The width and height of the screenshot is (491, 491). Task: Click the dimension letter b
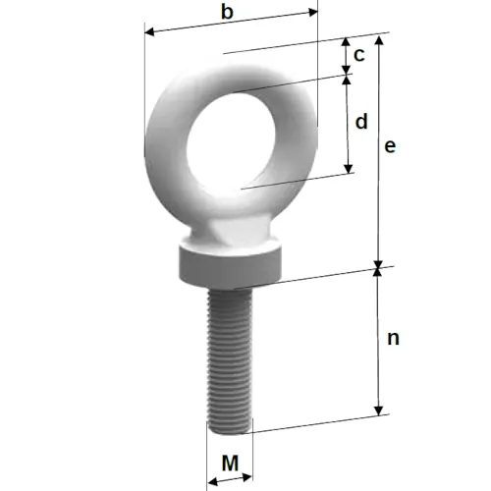(x=227, y=12)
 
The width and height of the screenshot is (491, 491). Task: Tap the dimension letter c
(x=359, y=55)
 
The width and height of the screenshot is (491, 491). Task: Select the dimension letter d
(x=361, y=122)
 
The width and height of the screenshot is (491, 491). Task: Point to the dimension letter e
(x=390, y=146)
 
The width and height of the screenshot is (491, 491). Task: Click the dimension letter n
(x=393, y=339)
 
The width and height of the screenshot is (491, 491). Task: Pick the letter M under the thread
(x=230, y=463)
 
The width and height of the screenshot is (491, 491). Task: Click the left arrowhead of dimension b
(x=149, y=32)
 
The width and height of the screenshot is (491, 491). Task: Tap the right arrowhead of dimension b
(x=313, y=12)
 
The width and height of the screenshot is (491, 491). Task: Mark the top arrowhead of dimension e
(x=379, y=39)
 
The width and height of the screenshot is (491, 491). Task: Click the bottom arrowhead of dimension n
(x=379, y=410)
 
